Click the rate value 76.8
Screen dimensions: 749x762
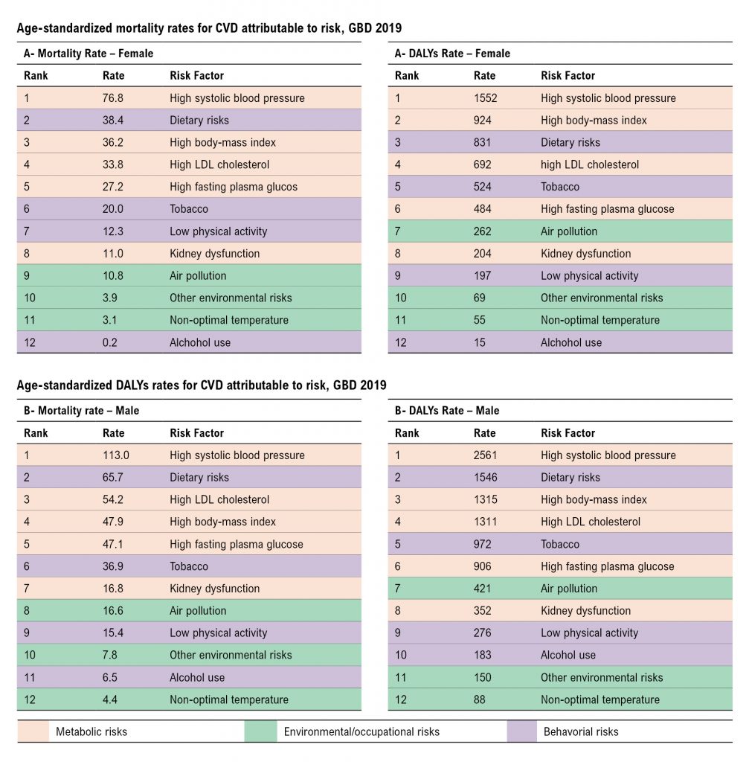[113, 98]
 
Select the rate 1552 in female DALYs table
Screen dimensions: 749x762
[485, 98]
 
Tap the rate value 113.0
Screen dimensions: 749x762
[115, 455]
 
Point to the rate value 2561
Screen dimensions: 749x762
[485, 455]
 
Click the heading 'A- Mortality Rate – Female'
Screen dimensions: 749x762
[89, 54]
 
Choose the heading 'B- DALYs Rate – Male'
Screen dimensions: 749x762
[447, 411]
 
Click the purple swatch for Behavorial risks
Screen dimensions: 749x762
[521, 731]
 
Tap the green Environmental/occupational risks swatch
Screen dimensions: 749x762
[260, 731]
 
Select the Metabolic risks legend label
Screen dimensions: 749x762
[91, 732]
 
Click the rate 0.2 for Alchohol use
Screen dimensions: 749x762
[110, 342]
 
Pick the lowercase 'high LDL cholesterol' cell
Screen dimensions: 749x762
[590, 164]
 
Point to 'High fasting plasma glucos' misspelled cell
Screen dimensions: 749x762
[233, 187]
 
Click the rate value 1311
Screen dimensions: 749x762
[485, 522]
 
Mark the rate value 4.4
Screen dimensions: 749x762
[110, 699]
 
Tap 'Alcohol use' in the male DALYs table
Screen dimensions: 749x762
[568, 655]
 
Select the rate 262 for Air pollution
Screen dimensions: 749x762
[482, 231]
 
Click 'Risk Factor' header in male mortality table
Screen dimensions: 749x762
[196, 433]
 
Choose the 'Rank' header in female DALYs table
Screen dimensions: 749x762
[407, 76]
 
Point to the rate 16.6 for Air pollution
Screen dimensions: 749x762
[113, 611]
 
